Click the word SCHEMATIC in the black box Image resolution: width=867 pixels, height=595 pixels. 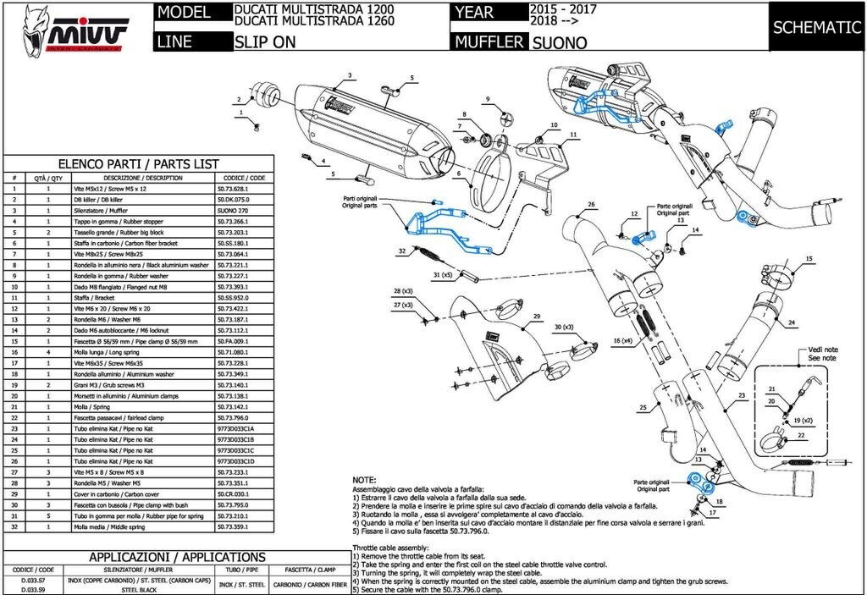(x=816, y=27)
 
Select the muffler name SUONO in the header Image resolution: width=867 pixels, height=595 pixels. (x=560, y=42)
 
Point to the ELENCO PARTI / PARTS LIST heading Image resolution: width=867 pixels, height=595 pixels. (x=138, y=163)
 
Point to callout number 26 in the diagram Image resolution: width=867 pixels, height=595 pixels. (x=592, y=205)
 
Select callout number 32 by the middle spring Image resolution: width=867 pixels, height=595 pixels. (x=403, y=251)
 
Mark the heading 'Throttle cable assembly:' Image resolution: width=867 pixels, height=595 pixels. (x=395, y=548)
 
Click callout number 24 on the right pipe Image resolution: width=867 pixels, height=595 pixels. (x=790, y=323)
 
